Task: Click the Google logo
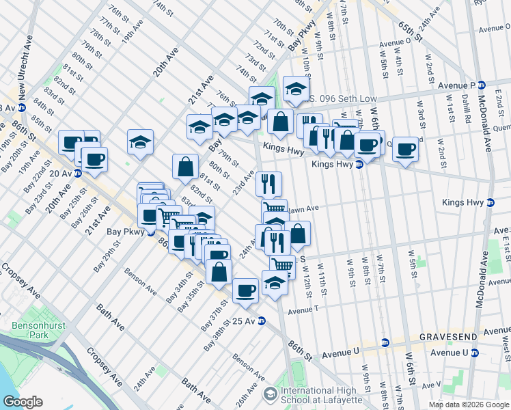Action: [x=23, y=401]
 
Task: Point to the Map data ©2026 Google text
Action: [x=468, y=405]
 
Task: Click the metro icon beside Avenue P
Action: [x=481, y=85]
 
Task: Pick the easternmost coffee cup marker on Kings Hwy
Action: [x=405, y=148]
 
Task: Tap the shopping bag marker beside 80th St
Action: [x=185, y=166]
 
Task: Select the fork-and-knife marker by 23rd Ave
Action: [x=268, y=183]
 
